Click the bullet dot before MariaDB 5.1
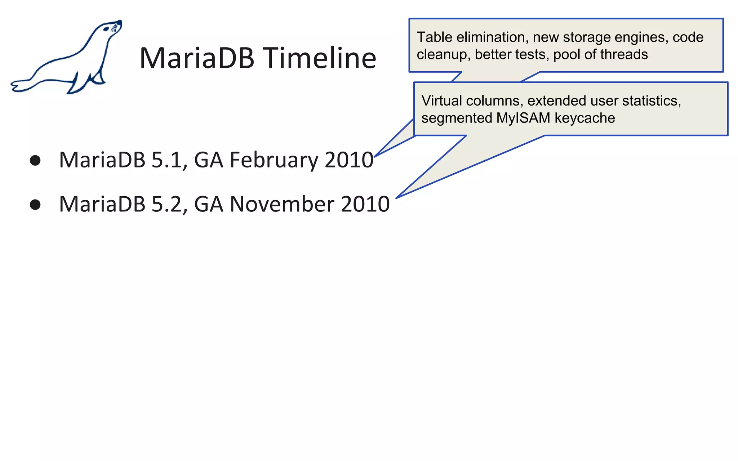coord(35,160)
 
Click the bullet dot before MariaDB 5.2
coord(35,205)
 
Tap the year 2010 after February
coord(349,160)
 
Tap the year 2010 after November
coord(365,204)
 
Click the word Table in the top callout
coord(434,37)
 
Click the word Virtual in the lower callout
coord(441,101)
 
